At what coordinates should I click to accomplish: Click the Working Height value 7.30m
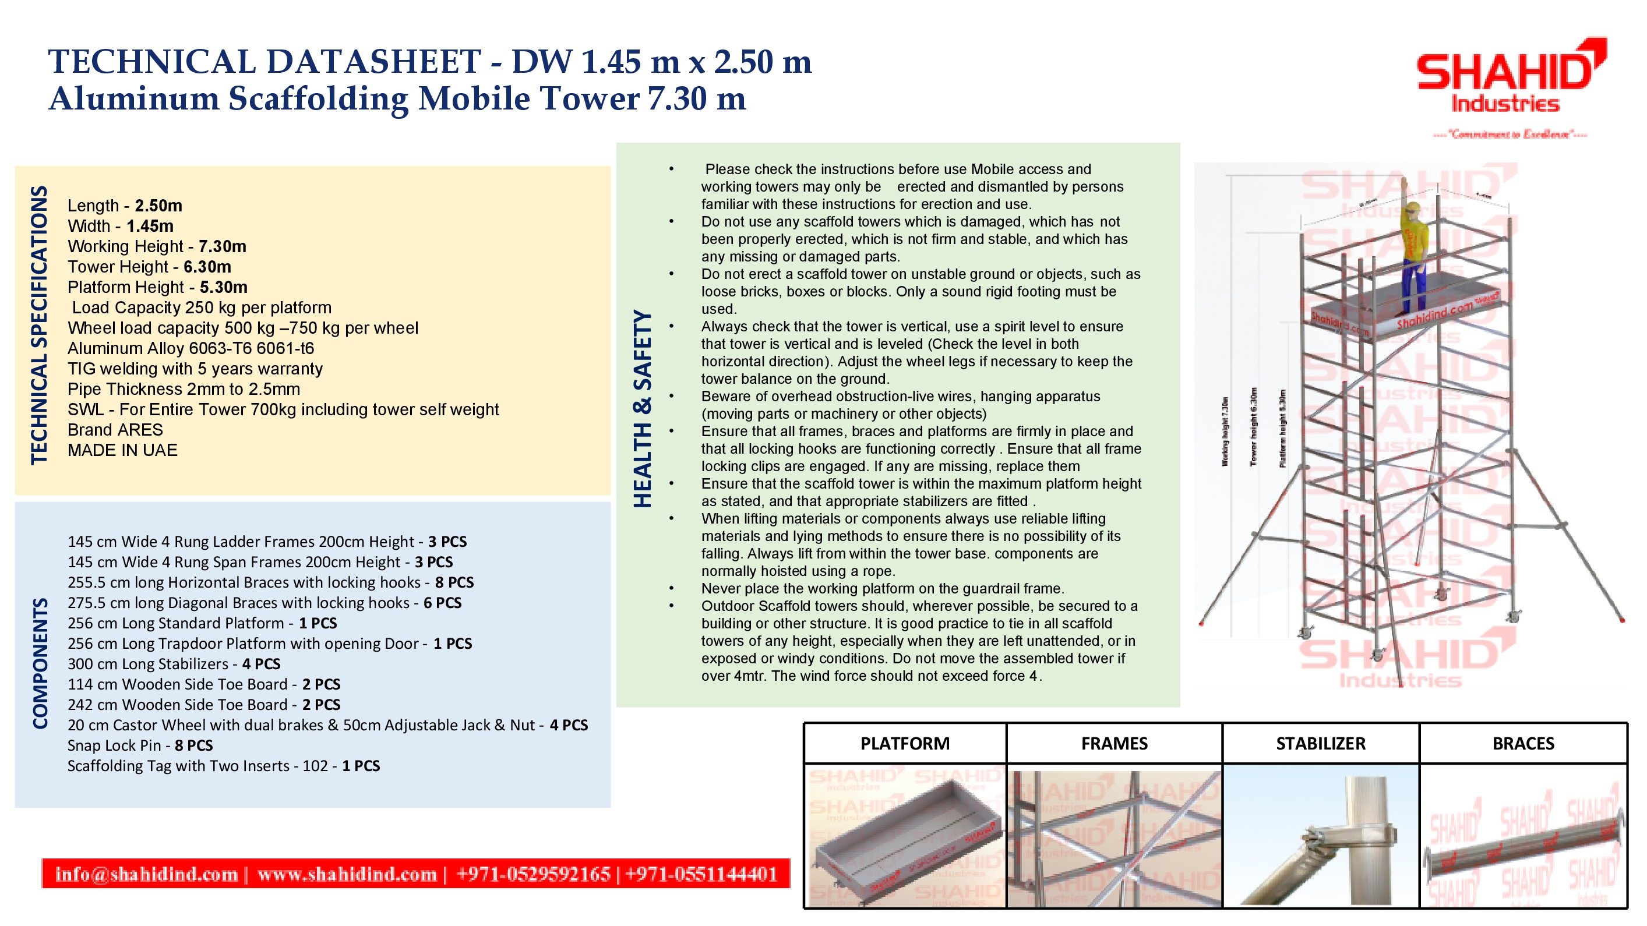[x=222, y=247]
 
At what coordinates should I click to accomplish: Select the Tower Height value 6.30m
[x=207, y=267]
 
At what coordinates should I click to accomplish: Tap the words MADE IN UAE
[x=123, y=451]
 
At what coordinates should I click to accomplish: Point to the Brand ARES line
[x=115, y=430]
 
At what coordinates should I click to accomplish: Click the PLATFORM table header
[x=905, y=744]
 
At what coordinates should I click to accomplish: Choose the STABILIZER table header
[x=1320, y=744]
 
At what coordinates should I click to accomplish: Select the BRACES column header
[x=1523, y=744]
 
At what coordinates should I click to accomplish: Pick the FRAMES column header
[x=1114, y=744]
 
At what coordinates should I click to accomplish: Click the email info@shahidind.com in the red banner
[x=146, y=874]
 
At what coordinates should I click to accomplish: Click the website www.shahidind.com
[x=347, y=874]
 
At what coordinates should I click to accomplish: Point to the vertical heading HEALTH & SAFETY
[x=643, y=409]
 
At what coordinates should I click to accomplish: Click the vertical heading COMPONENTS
[x=40, y=663]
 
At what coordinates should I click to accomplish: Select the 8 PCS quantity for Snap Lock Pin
[x=194, y=746]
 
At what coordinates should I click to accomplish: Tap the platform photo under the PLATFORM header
[x=905, y=837]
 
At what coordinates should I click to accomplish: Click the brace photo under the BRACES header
[x=1523, y=843]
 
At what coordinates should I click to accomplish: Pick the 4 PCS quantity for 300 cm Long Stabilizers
[x=261, y=664]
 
